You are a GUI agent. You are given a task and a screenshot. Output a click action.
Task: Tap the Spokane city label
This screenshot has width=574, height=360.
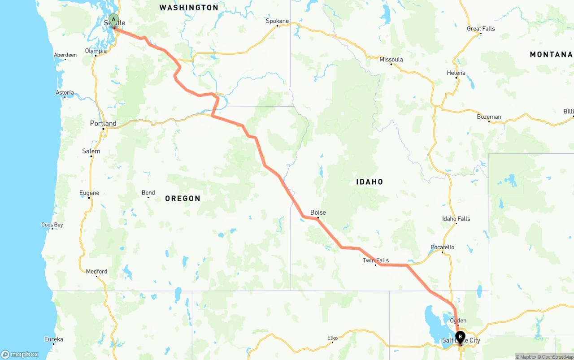(x=277, y=21)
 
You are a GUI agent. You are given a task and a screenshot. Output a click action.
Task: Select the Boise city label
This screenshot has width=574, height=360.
(x=318, y=213)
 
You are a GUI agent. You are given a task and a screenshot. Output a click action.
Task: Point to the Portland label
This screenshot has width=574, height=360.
(x=103, y=123)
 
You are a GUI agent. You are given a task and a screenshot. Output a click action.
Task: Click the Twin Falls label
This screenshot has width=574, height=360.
(x=376, y=260)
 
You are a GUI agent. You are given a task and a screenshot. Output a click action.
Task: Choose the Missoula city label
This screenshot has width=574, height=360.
(x=391, y=60)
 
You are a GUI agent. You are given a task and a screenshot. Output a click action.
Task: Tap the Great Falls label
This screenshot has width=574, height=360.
(x=481, y=29)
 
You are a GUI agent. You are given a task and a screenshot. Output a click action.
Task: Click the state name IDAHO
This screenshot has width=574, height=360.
(x=370, y=182)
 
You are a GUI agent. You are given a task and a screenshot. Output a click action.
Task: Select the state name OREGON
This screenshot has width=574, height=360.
(x=183, y=199)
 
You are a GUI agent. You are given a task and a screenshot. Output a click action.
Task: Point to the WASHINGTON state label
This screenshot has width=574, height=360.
(x=189, y=8)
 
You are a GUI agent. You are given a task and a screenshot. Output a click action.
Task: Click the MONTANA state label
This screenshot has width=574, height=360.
(x=551, y=54)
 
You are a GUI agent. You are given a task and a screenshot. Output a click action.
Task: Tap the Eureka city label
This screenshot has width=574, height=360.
(x=54, y=339)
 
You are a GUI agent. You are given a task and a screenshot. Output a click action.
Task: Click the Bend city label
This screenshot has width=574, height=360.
(x=148, y=193)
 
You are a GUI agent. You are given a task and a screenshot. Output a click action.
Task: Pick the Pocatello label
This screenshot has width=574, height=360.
(x=442, y=247)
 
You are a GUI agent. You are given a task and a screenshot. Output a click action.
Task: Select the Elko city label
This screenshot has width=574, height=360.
(x=332, y=338)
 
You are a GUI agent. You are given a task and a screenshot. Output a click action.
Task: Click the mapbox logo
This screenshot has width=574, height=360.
(x=20, y=354)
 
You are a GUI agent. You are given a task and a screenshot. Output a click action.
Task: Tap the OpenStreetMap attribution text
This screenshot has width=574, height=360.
(x=557, y=357)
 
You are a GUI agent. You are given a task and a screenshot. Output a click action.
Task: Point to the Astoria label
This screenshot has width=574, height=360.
(x=65, y=93)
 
